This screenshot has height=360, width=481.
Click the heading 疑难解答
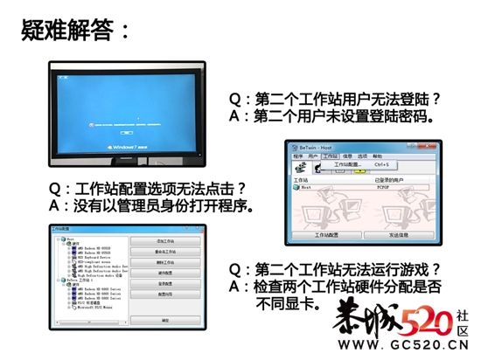tap(77, 32)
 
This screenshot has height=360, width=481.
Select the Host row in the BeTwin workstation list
tap(307, 187)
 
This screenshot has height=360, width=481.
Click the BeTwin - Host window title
tap(318, 147)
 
